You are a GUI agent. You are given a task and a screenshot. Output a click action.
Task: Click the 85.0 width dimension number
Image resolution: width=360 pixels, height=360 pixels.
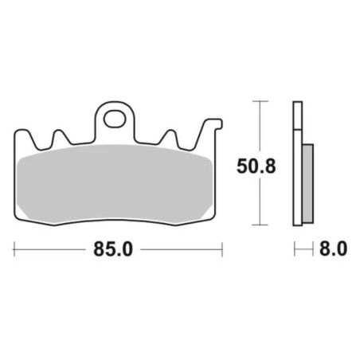coord(113,249)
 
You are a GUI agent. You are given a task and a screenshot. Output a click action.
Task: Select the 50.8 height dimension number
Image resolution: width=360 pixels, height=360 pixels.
coord(256,166)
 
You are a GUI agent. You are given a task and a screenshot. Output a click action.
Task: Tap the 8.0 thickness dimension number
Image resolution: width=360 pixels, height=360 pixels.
coord(333,248)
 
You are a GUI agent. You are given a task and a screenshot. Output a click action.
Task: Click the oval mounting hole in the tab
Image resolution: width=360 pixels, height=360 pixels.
coord(115,119)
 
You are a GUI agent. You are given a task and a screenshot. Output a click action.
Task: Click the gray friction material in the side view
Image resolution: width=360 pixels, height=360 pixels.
coord(307,183)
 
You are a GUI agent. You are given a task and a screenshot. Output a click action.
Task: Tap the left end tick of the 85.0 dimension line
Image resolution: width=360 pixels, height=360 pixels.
coord(14,249)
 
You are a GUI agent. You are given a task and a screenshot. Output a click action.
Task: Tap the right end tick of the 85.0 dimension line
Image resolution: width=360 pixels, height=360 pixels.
coord(222,249)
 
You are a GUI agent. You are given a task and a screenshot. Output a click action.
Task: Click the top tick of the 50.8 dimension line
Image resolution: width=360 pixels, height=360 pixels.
coord(260,101)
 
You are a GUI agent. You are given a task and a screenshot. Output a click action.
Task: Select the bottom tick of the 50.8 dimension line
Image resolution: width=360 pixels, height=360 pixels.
coord(260,225)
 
